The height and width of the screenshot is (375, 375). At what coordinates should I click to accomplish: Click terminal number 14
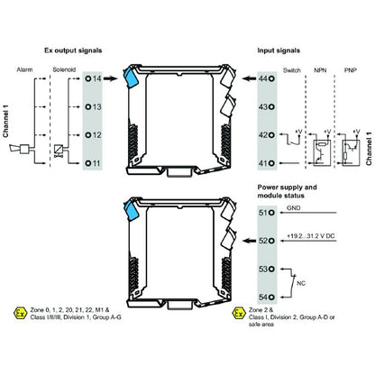pyautogui.click(x=95, y=79)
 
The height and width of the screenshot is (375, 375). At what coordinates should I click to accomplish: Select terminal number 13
pyautogui.click(x=95, y=106)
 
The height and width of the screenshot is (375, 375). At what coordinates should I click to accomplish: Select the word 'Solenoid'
pyautogui.click(x=62, y=69)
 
